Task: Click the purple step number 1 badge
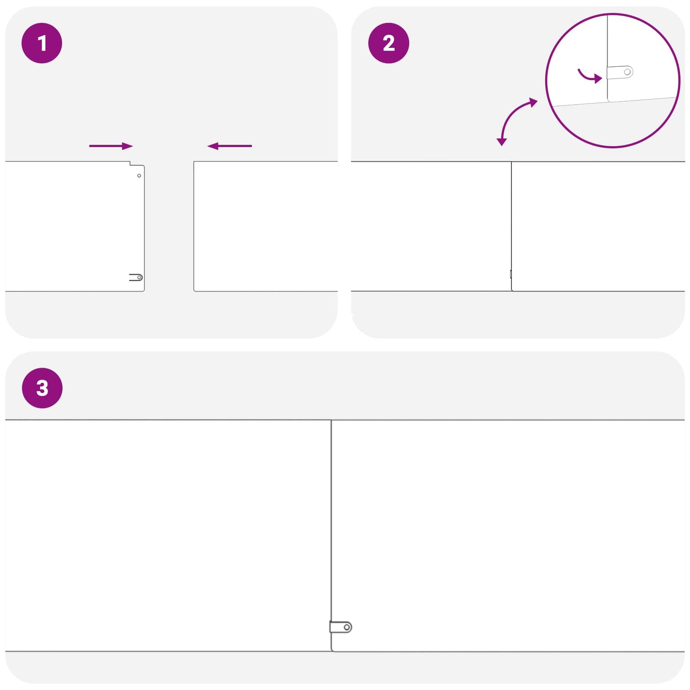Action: pos(42,43)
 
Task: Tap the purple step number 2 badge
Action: pos(389,43)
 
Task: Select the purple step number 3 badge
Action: pos(42,388)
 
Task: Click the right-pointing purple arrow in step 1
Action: pos(111,146)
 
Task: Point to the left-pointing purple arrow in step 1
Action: pos(230,146)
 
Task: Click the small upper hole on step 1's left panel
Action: pos(139,175)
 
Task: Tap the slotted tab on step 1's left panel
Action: pos(136,277)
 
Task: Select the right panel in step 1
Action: pos(265,226)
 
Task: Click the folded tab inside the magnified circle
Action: pos(620,72)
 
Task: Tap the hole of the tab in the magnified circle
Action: pos(627,72)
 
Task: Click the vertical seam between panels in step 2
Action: pos(511,226)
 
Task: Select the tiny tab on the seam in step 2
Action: pos(510,274)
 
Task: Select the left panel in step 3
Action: pos(168,536)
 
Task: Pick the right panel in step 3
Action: pos(508,536)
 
